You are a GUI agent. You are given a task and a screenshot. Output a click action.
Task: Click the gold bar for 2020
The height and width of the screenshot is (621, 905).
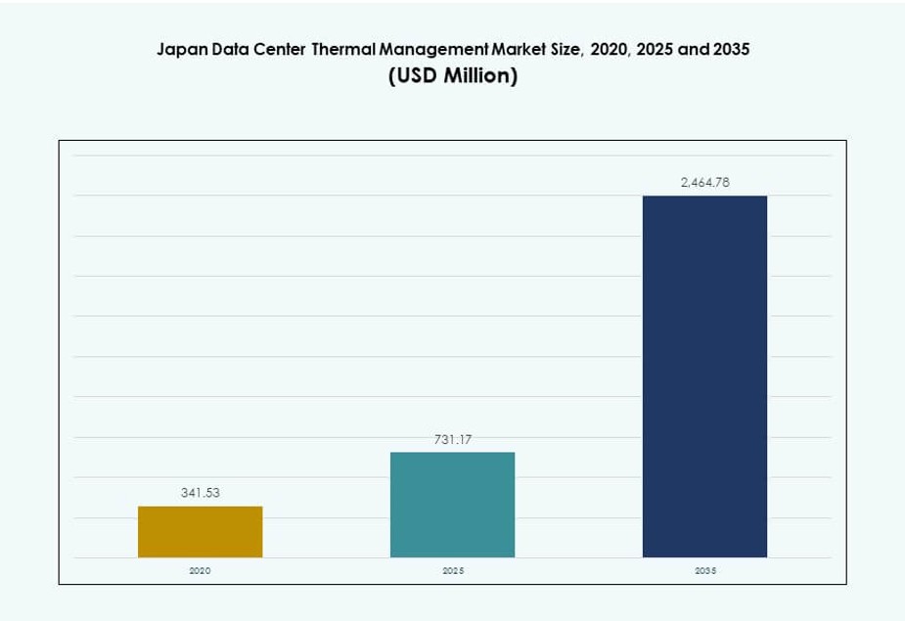click(200, 532)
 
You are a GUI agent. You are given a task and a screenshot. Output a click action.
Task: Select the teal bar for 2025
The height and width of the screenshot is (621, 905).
click(452, 505)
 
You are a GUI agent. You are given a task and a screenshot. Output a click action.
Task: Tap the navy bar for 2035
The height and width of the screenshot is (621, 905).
click(704, 377)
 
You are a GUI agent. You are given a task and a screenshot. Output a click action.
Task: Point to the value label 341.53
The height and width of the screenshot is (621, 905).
click(200, 493)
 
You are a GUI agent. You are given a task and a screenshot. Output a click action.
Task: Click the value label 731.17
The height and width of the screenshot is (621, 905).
click(452, 440)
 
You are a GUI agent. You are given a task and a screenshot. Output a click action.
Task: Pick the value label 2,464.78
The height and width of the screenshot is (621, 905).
click(704, 182)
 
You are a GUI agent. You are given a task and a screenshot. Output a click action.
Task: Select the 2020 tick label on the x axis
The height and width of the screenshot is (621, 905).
click(200, 570)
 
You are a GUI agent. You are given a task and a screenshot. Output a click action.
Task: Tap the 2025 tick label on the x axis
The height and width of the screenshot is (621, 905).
click(452, 570)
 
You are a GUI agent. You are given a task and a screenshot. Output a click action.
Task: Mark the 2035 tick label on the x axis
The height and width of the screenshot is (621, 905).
click(704, 570)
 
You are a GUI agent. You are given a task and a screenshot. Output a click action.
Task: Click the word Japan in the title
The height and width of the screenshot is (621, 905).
click(182, 49)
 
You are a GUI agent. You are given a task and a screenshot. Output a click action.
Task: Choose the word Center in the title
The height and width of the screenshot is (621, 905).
click(282, 49)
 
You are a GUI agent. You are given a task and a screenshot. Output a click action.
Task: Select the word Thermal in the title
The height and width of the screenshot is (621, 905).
click(343, 49)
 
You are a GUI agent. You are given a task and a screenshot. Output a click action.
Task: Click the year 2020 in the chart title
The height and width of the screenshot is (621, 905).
click(610, 49)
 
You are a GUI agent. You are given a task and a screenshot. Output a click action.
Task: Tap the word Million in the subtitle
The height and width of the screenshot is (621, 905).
click(476, 76)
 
